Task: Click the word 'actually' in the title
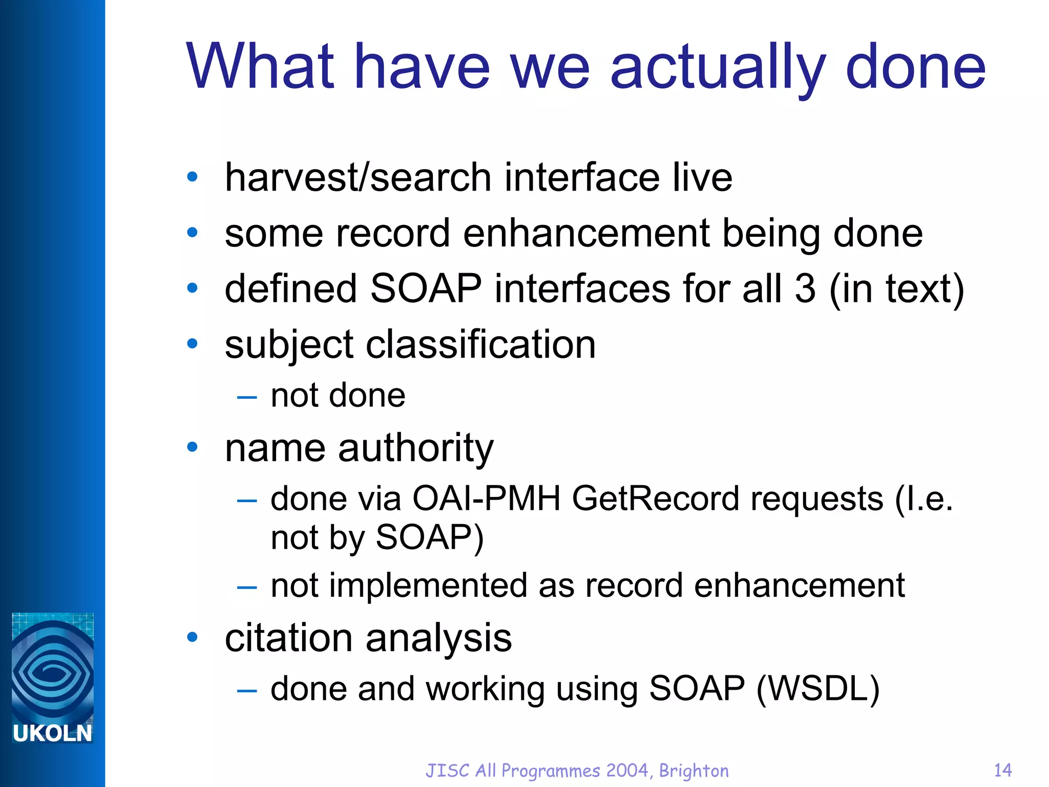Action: pos(717,67)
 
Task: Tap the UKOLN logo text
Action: pos(52,733)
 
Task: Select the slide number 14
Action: pos(1002,770)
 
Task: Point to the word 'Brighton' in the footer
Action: pos(694,771)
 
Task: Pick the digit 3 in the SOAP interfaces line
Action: pos(805,288)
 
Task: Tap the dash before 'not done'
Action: pos(247,397)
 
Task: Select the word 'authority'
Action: pos(415,448)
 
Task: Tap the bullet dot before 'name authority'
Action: pos(193,447)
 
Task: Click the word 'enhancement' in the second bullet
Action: pos(586,233)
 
